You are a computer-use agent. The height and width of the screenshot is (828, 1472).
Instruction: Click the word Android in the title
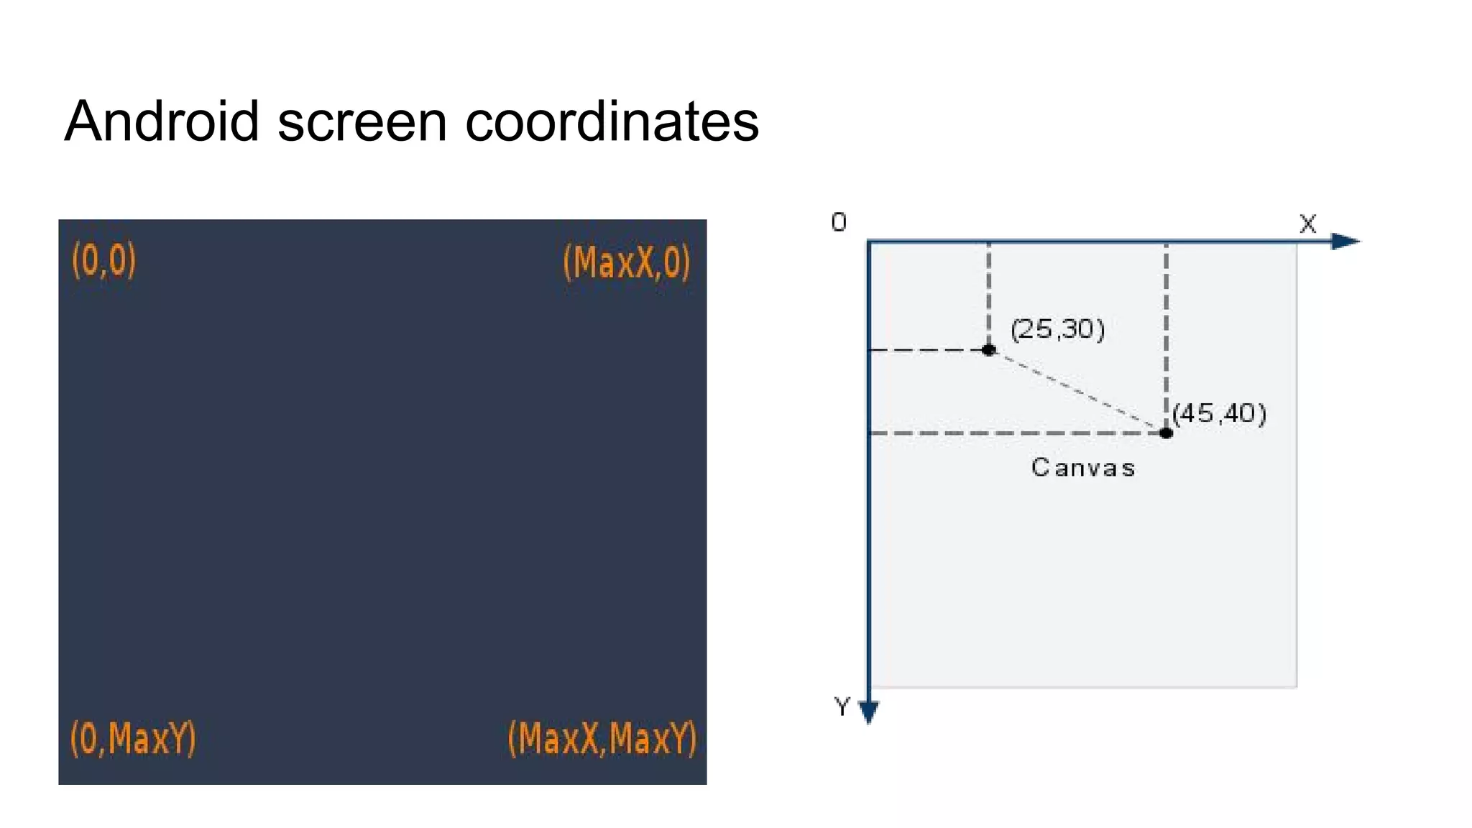click(x=162, y=121)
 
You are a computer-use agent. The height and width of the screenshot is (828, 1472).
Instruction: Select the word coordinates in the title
click(x=612, y=121)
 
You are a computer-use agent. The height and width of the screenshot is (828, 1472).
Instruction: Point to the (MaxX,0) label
click(x=626, y=262)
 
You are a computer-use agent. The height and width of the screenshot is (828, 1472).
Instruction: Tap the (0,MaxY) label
click(x=133, y=738)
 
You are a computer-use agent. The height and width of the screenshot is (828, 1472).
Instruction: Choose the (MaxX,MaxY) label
click(x=602, y=738)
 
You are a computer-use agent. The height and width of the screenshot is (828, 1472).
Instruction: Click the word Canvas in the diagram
click(x=1083, y=468)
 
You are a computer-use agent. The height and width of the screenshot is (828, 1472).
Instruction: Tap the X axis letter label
click(x=1307, y=224)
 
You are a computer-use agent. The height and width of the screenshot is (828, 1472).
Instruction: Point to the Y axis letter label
click(x=842, y=707)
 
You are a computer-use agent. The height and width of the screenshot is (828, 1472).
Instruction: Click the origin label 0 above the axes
click(x=839, y=223)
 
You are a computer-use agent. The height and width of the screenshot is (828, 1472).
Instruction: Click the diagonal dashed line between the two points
click(x=1077, y=392)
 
